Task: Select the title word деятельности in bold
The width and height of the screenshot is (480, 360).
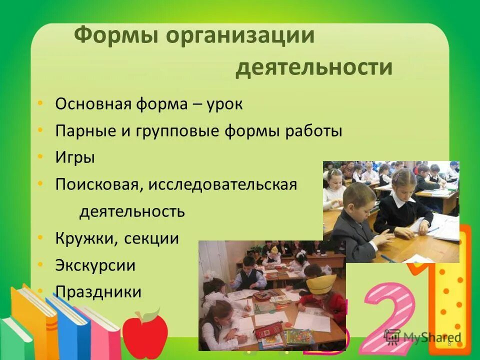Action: (314, 67)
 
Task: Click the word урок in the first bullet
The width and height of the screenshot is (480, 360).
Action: (222, 104)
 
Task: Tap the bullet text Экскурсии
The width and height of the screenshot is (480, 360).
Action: (95, 265)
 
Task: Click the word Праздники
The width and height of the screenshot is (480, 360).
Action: (98, 291)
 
